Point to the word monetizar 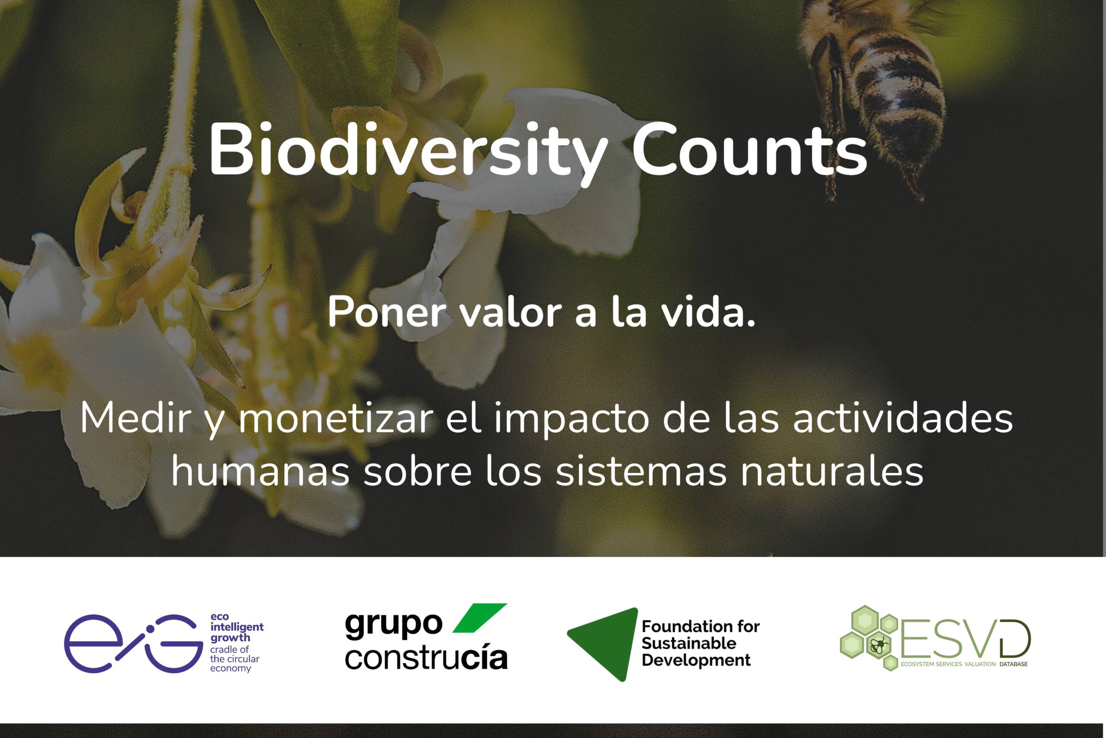click(x=336, y=418)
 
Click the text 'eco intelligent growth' click(x=236, y=627)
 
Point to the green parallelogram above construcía click(x=479, y=618)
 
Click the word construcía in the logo click(x=426, y=658)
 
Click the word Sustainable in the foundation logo click(x=688, y=643)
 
